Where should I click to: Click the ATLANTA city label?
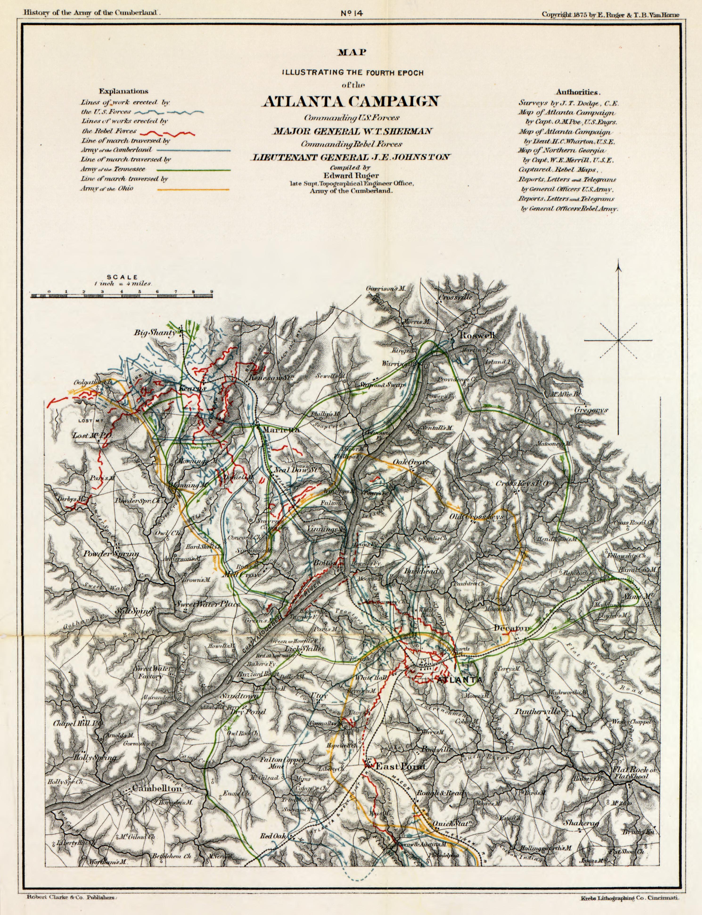pyautogui.click(x=458, y=680)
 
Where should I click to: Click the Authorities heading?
pyautogui.click(x=578, y=92)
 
